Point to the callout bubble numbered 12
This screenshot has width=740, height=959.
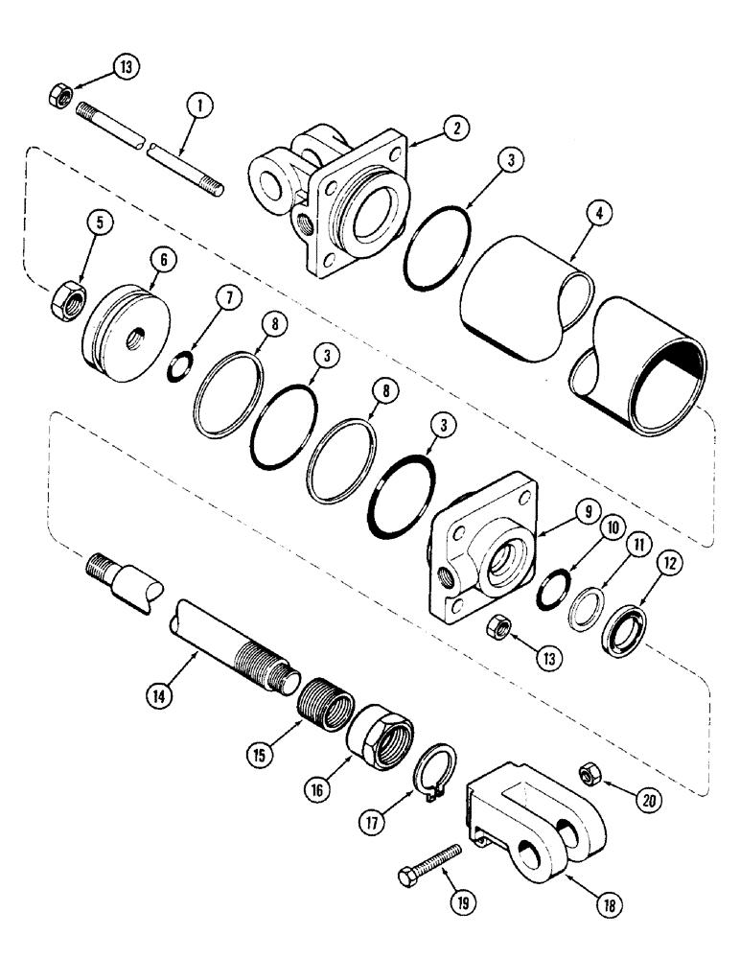tap(666, 565)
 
